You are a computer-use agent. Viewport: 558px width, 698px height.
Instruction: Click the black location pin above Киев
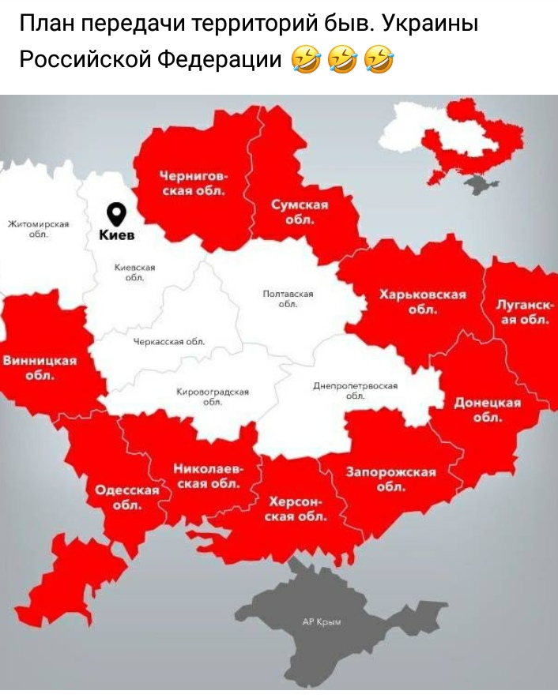(117, 213)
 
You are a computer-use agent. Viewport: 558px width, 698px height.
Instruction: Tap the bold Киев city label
(117, 235)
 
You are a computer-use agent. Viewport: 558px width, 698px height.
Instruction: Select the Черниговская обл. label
(194, 182)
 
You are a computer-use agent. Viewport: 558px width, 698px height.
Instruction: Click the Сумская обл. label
(300, 212)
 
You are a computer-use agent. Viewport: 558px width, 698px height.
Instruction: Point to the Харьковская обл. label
(422, 301)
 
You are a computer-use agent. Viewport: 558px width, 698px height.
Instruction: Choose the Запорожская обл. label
(391, 479)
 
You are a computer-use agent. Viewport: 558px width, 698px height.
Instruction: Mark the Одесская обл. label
(127, 497)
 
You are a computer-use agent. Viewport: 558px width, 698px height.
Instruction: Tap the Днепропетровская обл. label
(354, 390)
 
